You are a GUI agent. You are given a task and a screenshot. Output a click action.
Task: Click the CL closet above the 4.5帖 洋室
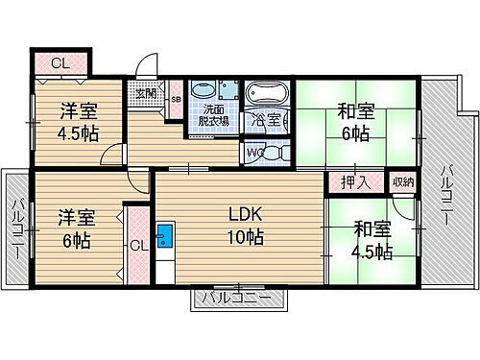pyautogui.click(x=59, y=63)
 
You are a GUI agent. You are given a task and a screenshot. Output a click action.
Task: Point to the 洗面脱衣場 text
pyautogui.click(x=212, y=115)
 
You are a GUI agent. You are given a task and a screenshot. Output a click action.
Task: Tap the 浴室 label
pyautogui.click(x=266, y=120)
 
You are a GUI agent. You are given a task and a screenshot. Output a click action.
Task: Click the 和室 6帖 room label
pyautogui.click(x=355, y=121)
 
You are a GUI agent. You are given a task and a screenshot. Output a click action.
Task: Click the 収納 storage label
pyautogui.click(x=403, y=181)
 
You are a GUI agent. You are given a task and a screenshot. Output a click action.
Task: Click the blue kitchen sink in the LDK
pyautogui.click(x=164, y=233)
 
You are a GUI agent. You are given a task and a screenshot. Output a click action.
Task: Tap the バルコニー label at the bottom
pyautogui.click(x=242, y=300)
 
